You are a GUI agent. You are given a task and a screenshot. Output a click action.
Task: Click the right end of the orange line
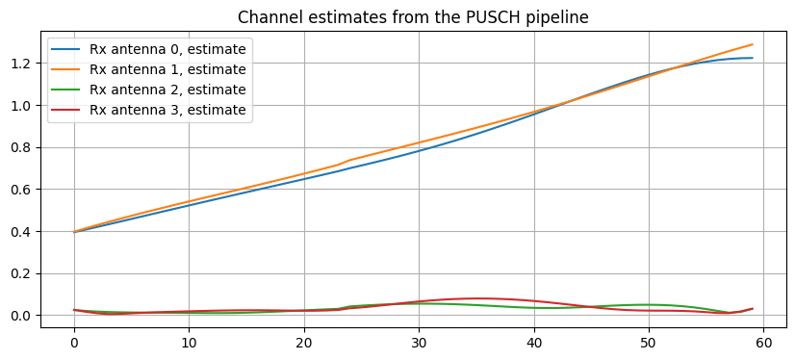coord(753,44)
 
